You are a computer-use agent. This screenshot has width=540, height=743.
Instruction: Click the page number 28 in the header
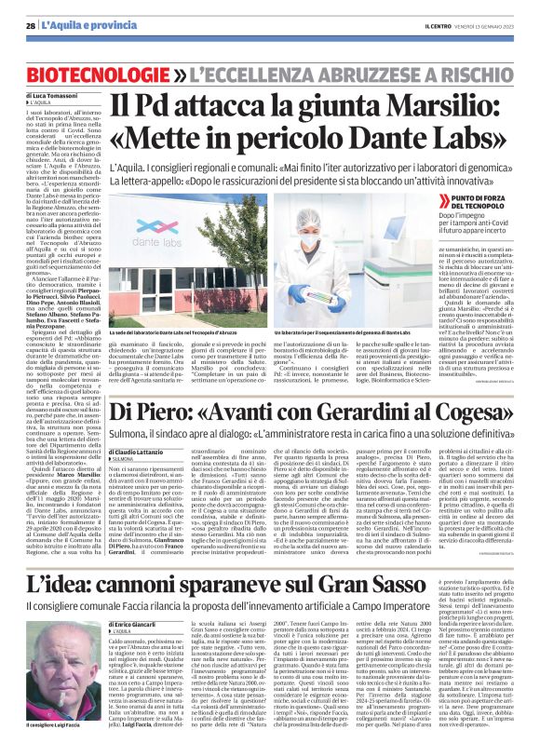tap(31, 25)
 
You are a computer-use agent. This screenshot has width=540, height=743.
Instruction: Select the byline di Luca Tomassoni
tap(50, 96)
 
